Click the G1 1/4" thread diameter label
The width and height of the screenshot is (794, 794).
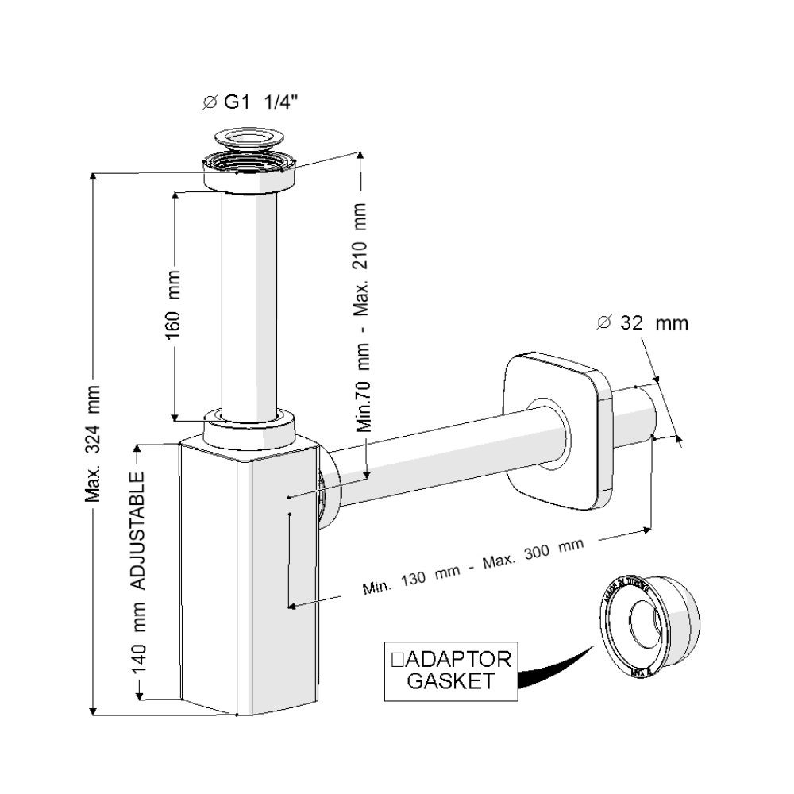252,102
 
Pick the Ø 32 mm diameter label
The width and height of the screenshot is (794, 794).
642,323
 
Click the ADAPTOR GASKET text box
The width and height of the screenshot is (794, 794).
449,669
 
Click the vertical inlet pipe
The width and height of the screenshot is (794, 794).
249,302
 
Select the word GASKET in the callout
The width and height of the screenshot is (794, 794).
449,681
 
